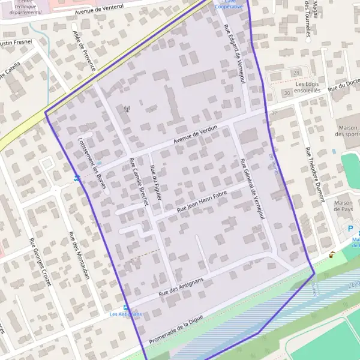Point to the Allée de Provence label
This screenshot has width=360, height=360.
83,50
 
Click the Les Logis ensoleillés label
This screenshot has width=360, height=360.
307,88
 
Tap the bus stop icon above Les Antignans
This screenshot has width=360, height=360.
125,307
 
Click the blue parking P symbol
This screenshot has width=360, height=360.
350,229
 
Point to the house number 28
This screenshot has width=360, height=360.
296,73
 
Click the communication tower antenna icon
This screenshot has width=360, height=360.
127,109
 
